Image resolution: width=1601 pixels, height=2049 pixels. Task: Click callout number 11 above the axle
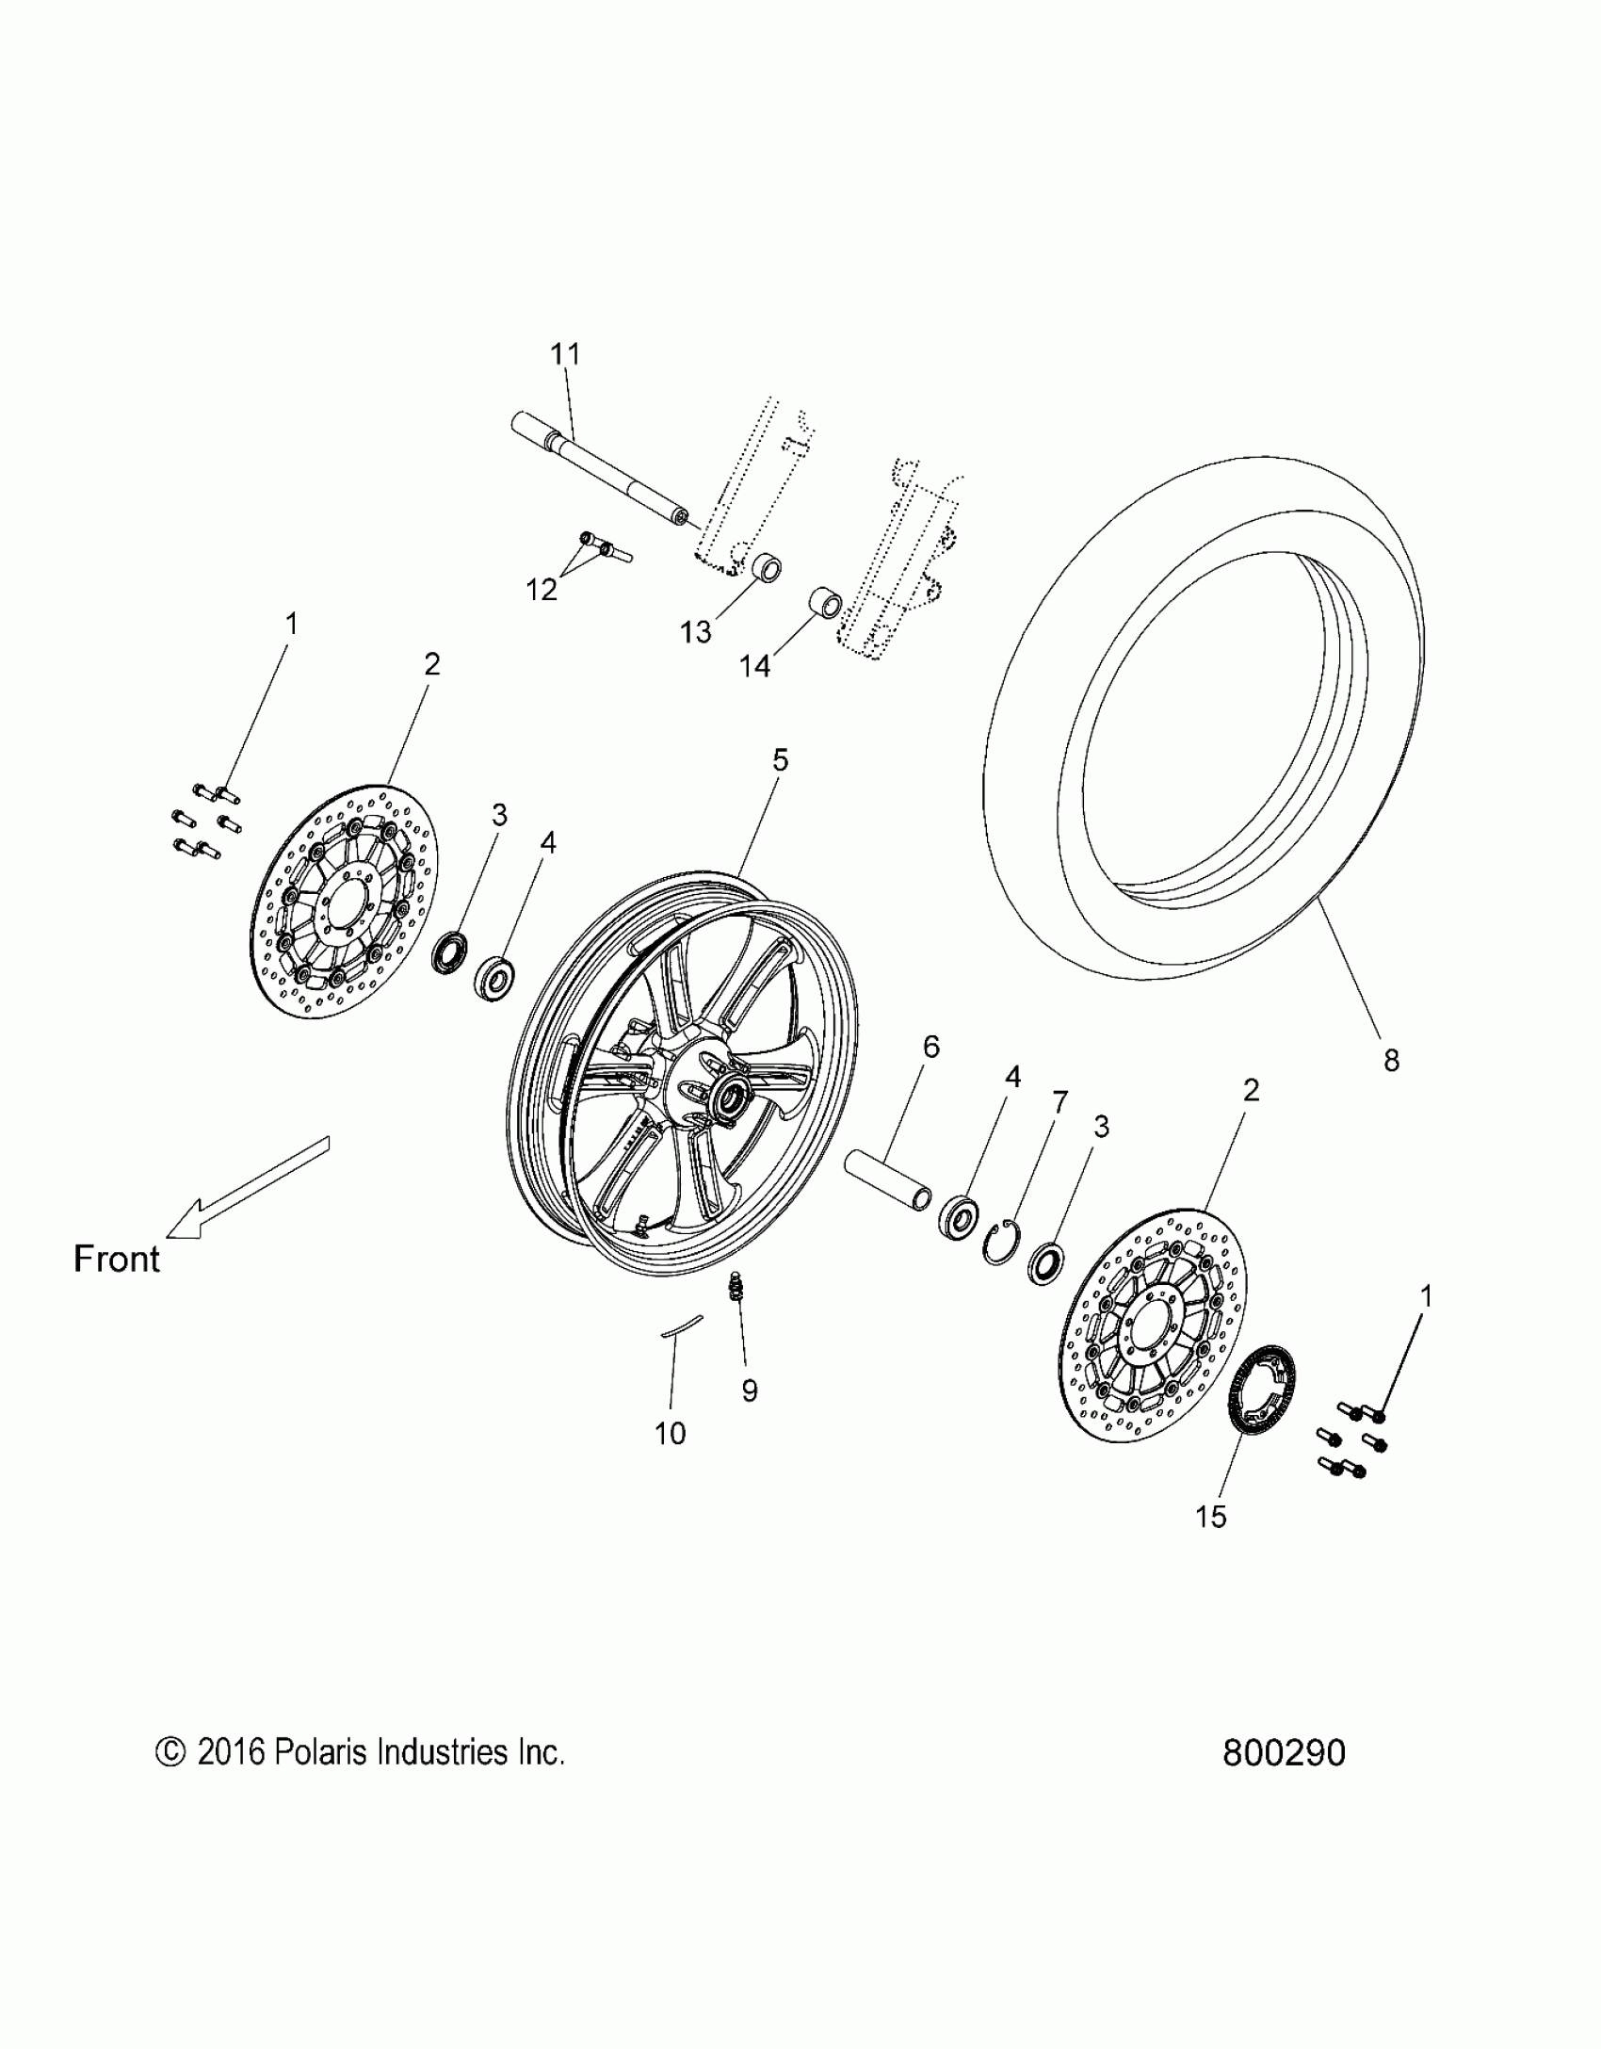(565, 354)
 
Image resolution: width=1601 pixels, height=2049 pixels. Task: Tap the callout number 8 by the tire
(1391, 1061)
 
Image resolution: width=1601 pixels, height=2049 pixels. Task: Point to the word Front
(117, 1259)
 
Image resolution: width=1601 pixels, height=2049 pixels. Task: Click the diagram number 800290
(1284, 1753)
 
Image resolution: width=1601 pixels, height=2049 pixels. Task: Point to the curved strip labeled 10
(680, 1325)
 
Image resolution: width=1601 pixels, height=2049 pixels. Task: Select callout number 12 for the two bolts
(542, 589)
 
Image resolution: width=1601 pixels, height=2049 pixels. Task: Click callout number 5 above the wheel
(780, 760)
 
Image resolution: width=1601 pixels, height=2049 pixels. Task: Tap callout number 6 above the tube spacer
(930, 1046)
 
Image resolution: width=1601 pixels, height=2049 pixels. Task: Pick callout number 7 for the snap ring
(1060, 1101)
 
